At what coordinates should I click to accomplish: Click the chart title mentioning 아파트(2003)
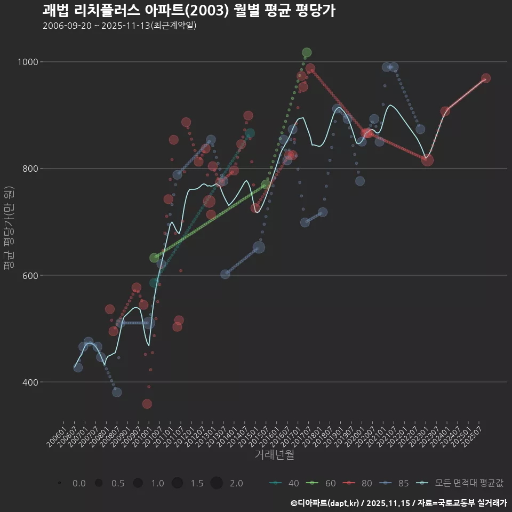tap(189, 11)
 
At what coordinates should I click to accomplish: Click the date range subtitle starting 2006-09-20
tap(120, 26)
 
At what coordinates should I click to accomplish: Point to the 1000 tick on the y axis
tap(27, 62)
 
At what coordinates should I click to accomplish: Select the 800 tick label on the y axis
tap(29, 169)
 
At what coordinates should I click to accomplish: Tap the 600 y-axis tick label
tap(29, 275)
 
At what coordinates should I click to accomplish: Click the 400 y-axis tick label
tap(29, 382)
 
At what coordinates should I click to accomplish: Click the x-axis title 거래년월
tap(274, 455)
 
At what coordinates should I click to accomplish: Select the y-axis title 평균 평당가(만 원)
tap(9, 229)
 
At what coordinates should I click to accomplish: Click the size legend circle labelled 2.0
tap(217, 483)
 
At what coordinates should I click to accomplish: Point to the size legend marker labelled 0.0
tap(60, 483)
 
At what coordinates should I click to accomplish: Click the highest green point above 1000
tap(306, 52)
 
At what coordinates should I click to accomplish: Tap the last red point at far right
tap(486, 78)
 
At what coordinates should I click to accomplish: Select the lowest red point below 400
tap(147, 404)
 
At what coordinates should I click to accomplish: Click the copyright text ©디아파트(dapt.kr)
tap(325, 503)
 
